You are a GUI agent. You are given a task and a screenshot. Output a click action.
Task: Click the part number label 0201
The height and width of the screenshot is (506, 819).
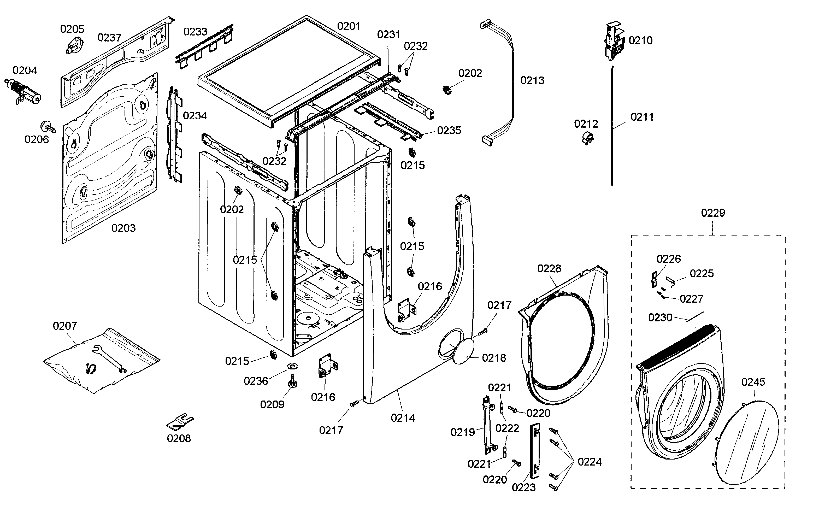point(348,26)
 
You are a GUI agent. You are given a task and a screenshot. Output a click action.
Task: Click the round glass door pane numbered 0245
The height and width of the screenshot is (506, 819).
point(748,442)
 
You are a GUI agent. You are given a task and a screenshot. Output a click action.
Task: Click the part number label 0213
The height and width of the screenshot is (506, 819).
point(532,81)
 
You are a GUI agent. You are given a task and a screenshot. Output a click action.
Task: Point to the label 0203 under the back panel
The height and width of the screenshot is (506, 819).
point(123,228)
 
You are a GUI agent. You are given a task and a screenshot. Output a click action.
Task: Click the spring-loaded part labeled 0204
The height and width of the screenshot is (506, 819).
point(23,91)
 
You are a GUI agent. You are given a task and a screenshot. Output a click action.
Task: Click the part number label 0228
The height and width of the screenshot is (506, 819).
point(549,269)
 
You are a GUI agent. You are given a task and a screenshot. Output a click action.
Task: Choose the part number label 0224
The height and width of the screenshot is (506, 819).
point(590,462)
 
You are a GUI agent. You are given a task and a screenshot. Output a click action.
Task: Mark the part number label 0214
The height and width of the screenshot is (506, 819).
point(403,418)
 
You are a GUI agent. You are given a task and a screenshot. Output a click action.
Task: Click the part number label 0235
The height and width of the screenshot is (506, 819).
point(449,131)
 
